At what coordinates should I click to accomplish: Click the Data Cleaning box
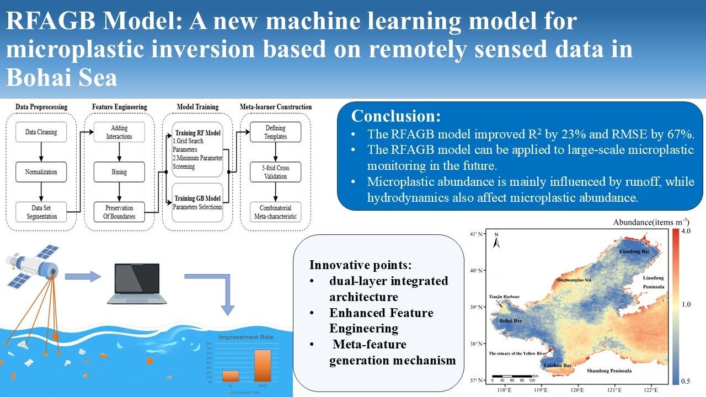click(41, 132)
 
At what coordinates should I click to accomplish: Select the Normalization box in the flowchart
click(41, 172)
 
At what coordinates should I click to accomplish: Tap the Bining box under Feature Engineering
click(119, 172)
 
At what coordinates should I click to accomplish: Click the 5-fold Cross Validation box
click(275, 172)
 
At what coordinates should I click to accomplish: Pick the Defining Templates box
click(275, 132)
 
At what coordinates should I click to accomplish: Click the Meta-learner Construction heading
click(275, 106)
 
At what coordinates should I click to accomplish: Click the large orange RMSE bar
click(262, 365)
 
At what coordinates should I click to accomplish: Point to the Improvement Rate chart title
click(245, 337)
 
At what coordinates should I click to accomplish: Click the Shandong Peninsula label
click(609, 371)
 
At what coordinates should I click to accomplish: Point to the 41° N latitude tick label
click(476, 234)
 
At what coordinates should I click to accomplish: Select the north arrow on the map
click(496, 239)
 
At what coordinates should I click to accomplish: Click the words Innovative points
click(352, 264)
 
